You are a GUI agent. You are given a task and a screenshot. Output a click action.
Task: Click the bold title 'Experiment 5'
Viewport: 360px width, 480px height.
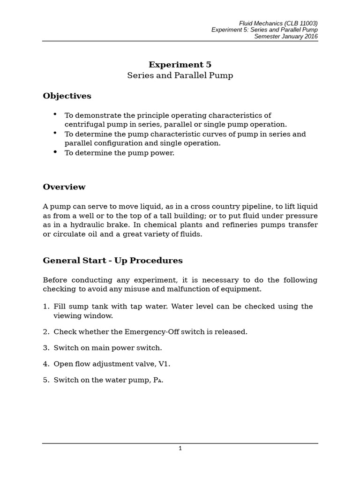(x=180, y=65)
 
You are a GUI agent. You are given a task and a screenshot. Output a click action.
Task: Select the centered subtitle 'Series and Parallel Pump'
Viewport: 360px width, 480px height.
(x=180, y=75)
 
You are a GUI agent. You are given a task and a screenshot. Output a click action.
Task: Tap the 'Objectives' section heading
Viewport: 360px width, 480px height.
(x=67, y=96)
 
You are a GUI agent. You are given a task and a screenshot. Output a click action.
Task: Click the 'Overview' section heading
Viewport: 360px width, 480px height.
(x=64, y=187)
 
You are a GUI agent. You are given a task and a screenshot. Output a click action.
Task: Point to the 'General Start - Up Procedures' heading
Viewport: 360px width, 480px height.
(x=112, y=260)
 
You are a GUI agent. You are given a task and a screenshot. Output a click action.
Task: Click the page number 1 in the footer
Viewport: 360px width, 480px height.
(x=180, y=448)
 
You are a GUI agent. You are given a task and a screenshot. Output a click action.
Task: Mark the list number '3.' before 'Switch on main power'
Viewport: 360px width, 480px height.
(x=46, y=348)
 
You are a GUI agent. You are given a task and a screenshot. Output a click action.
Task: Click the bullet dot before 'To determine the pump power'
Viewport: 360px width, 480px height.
(x=56, y=152)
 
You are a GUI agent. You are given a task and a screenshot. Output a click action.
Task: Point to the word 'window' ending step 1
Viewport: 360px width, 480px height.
(x=100, y=316)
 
